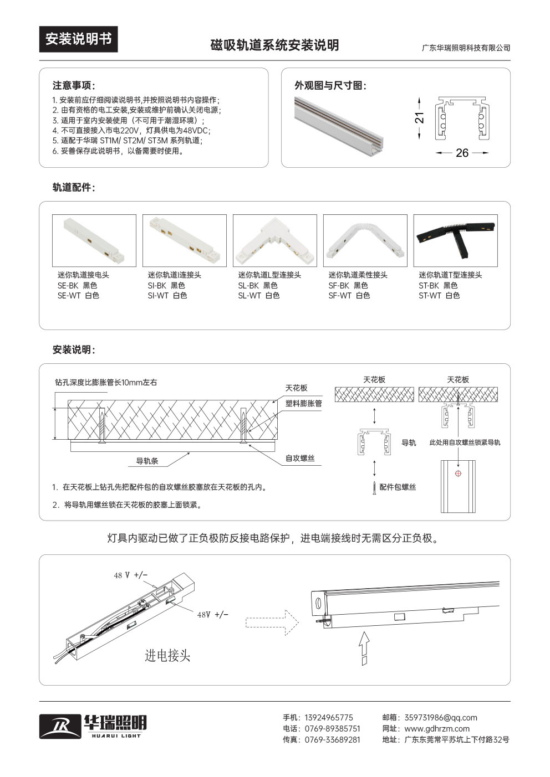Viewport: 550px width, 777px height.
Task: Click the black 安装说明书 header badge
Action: click(x=78, y=39)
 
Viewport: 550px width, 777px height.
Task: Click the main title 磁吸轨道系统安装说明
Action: click(x=274, y=45)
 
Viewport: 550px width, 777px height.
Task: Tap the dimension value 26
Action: click(x=462, y=153)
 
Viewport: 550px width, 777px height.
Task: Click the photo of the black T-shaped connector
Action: click(x=455, y=240)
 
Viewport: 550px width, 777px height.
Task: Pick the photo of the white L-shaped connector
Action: click(x=274, y=240)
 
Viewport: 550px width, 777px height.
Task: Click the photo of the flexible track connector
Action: click(x=365, y=240)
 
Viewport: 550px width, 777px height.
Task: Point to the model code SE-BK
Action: click(x=68, y=286)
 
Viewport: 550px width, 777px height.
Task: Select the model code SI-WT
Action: click(x=158, y=296)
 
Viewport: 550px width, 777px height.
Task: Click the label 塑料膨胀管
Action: click(x=303, y=404)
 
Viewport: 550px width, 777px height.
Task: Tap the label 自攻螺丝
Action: click(x=300, y=459)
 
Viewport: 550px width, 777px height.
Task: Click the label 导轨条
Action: click(x=147, y=461)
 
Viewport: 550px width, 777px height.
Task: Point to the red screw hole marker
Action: click(x=458, y=473)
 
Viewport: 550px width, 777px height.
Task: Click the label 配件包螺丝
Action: click(x=398, y=487)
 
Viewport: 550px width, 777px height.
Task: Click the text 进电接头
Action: click(x=167, y=656)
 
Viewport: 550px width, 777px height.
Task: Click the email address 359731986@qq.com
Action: click(x=441, y=718)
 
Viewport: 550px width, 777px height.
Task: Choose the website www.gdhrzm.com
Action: click(x=437, y=729)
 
